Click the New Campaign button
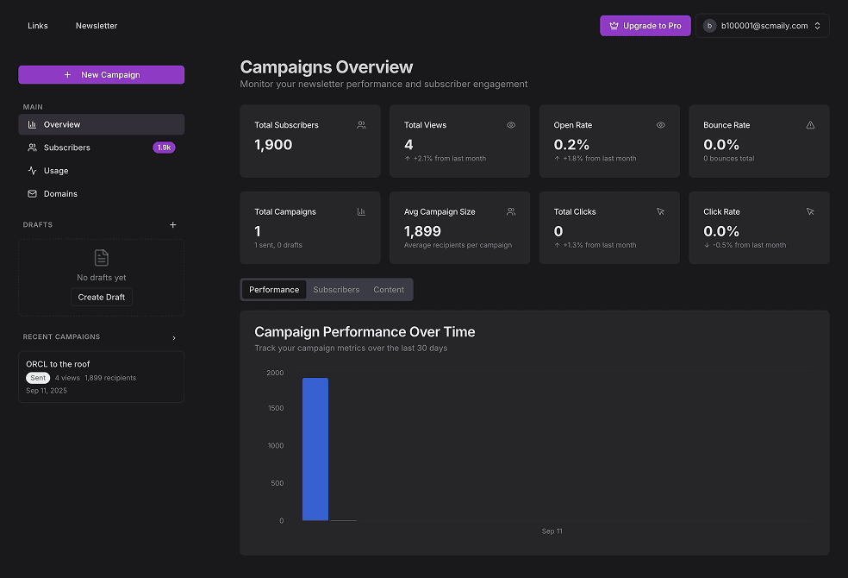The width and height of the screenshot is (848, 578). click(102, 75)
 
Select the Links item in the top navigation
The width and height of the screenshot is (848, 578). click(38, 26)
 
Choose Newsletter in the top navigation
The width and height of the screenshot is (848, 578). click(97, 26)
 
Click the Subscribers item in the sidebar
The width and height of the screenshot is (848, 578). click(67, 148)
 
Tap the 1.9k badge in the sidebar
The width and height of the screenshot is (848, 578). click(164, 148)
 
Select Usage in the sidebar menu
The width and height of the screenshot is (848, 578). click(56, 171)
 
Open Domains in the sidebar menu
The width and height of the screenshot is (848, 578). click(60, 194)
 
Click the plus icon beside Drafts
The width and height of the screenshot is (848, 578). click(172, 225)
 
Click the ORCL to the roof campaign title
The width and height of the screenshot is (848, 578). click(58, 364)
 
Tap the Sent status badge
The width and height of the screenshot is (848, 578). click(38, 378)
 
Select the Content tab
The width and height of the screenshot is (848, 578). click(389, 290)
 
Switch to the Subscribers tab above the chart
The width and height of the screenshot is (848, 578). click(336, 290)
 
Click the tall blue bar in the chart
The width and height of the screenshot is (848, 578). click(315, 449)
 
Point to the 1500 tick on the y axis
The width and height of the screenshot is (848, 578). click(275, 408)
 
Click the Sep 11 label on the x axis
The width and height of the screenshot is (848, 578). click(552, 531)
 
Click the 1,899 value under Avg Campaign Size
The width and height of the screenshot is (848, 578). click(422, 231)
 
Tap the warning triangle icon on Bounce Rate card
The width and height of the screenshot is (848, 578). click(810, 125)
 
